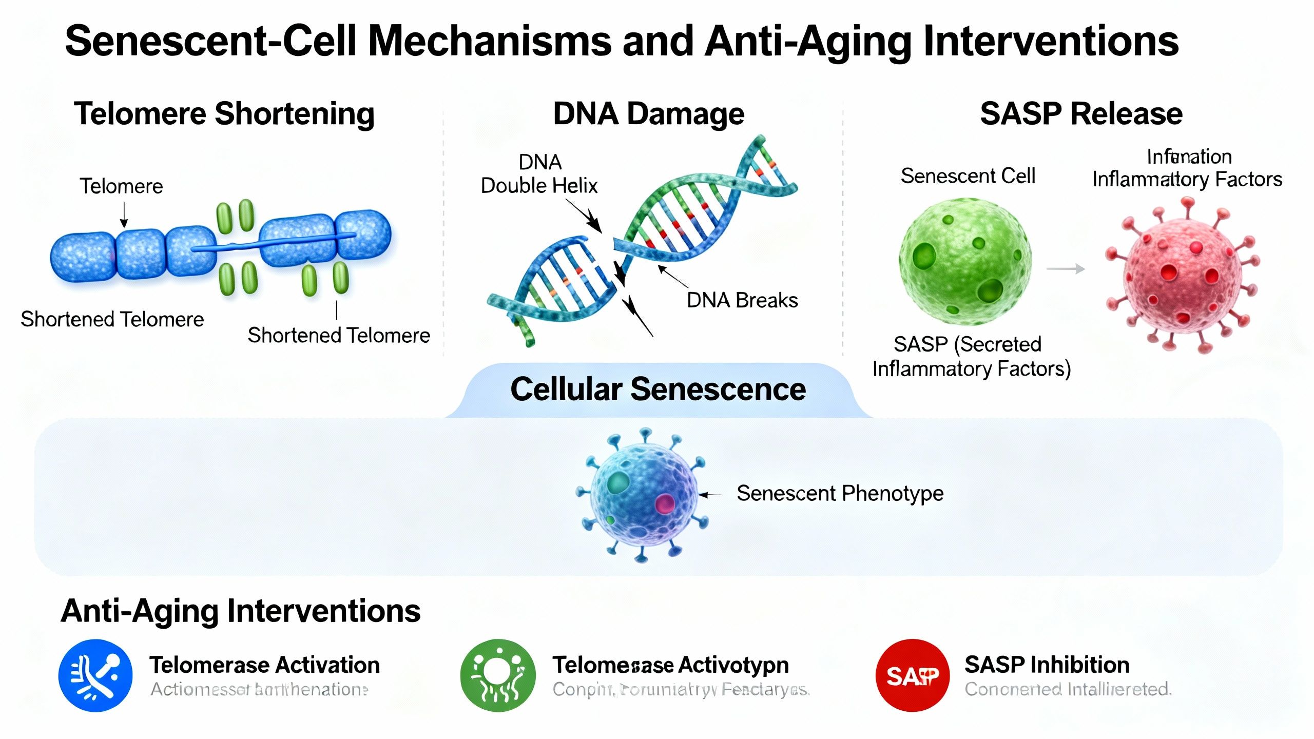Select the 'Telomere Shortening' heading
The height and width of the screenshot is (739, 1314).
[x=224, y=114]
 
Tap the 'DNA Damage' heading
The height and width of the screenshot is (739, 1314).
[x=648, y=114]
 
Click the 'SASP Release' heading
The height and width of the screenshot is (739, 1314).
[x=1081, y=114]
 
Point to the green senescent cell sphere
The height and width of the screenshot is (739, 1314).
[x=965, y=262]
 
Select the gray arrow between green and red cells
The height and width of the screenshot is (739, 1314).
[x=1066, y=269]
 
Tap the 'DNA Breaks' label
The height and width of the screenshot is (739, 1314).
[x=742, y=301]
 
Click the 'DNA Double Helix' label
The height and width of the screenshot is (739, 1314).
[x=539, y=174]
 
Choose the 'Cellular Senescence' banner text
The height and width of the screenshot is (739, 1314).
[x=658, y=390]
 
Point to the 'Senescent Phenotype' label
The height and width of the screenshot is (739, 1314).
[x=840, y=494]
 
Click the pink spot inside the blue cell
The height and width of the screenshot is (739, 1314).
[x=665, y=503]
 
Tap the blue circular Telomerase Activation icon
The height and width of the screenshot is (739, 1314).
[x=95, y=675]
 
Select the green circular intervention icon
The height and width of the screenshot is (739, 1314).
[x=497, y=675]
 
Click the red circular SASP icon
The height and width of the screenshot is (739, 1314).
[x=912, y=675]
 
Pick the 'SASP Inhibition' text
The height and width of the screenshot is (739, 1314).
[x=1047, y=665]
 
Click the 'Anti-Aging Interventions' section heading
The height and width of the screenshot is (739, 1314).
[x=241, y=611]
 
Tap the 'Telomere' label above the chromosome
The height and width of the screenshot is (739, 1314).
[x=121, y=186]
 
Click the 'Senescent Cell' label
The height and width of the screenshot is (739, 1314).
[x=968, y=176]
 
